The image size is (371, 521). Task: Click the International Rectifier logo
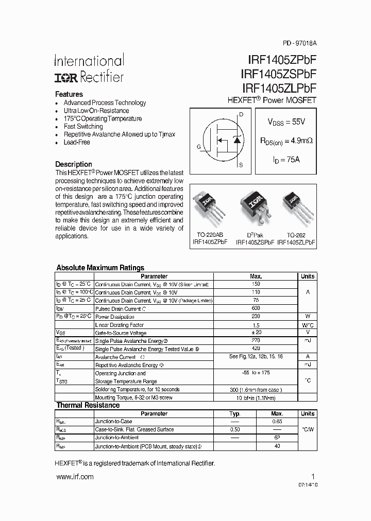coord(89,69)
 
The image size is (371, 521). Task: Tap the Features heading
coord(69,94)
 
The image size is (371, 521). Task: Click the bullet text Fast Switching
coord(83,126)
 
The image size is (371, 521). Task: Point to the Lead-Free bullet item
coord(76,142)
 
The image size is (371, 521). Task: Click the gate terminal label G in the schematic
coord(198,147)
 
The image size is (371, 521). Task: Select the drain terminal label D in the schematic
coord(241,113)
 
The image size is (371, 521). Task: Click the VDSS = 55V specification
coord(286,122)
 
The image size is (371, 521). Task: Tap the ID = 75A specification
coord(286,160)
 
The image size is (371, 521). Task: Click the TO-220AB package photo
coord(208,205)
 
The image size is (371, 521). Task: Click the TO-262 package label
coord(296,234)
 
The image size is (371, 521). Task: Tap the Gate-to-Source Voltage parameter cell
coord(121,333)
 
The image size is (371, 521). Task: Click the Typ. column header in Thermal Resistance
coord(235,413)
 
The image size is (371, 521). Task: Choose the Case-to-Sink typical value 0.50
coord(235,429)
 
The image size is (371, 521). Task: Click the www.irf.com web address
coord(74,477)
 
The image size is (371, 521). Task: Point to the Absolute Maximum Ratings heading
coord(100,268)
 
